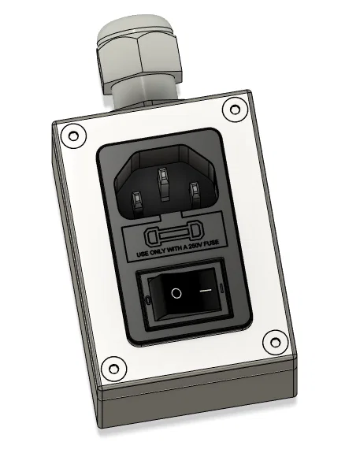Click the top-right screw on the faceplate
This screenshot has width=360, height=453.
click(232, 111)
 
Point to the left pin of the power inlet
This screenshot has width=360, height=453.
click(133, 202)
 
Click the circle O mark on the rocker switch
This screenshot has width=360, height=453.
click(176, 294)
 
